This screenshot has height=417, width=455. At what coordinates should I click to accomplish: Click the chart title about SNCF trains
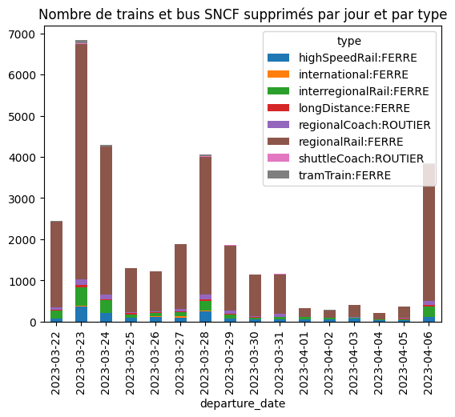click(x=243, y=14)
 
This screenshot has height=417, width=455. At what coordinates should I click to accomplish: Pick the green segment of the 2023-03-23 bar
click(x=82, y=297)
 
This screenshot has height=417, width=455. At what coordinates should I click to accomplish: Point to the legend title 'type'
click(x=349, y=41)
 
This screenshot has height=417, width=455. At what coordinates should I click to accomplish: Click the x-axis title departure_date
click(x=243, y=404)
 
